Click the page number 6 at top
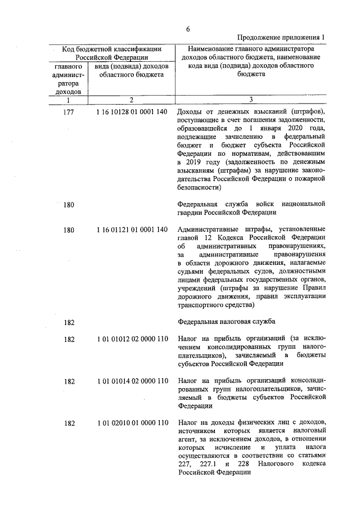tap(188, 29)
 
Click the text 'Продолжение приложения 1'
tap(282, 38)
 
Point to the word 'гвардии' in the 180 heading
tap(190, 213)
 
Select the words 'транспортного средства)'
tap(216, 305)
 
